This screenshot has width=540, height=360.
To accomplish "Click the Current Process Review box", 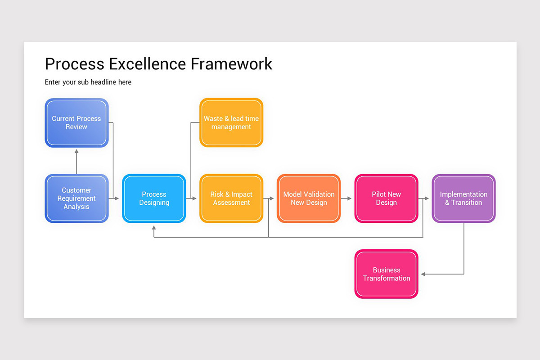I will pyautogui.click(x=76, y=123).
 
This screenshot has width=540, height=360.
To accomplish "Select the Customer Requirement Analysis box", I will pyautogui.click(x=76, y=198).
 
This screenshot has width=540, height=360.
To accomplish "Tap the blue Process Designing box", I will pyautogui.click(x=154, y=198).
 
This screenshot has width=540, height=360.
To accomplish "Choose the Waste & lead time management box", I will pyautogui.click(x=231, y=123).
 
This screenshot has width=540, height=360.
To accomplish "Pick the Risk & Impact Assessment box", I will pyautogui.click(x=231, y=198).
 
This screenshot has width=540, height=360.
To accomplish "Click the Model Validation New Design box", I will pyautogui.click(x=309, y=198).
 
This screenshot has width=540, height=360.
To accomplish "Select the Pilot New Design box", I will pyautogui.click(x=386, y=198).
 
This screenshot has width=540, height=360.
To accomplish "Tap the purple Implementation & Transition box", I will pyautogui.click(x=463, y=198).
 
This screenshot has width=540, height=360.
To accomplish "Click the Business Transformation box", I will pyautogui.click(x=386, y=274).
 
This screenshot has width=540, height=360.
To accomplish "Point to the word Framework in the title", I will pyautogui.click(x=231, y=64).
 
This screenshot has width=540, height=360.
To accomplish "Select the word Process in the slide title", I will pyautogui.click(x=74, y=64).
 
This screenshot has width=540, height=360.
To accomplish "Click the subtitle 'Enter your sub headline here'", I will pyautogui.click(x=88, y=82).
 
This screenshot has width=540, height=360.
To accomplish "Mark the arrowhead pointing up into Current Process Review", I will pyautogui.click(x=76, y=151).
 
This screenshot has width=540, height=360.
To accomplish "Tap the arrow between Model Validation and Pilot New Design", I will pyautogui.click(x=346, y=198).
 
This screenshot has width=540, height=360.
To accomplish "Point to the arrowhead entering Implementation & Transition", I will pyautogui.click(x=427, y=198).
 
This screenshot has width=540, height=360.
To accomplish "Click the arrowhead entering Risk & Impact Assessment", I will pyautogui.click(x=194, y=198).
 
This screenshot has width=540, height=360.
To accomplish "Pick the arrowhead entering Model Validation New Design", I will pyautogui.click(x=272, y=198).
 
